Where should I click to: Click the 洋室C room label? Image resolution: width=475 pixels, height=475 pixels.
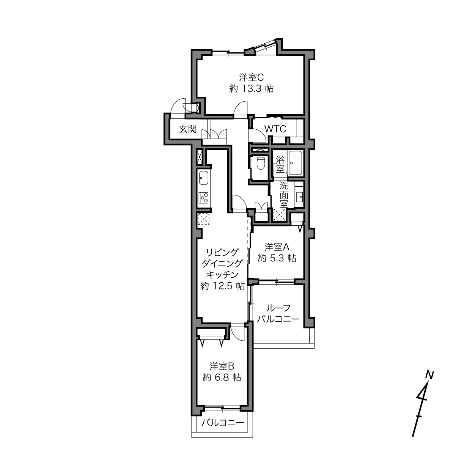pyautogui.click(x=251, y=77)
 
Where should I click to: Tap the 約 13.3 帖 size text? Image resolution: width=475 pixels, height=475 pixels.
pyautogui.click(x=252, y=88)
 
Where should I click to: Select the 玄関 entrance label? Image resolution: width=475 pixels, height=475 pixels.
pyautogui.click(x=188, y=129)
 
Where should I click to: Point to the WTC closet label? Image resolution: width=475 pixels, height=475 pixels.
pyautogui.click(x=275, y=129)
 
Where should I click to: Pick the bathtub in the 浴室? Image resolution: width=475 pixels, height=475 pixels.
pyautogui.click(x=295, y=163)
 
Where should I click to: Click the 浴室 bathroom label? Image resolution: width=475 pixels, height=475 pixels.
pyautogui.click(x=280, y=164)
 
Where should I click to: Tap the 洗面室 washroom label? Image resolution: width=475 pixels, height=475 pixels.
pyautogui.click(x=284, y=195)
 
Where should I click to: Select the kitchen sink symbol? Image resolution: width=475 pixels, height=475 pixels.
pyautogui.click(x=204, y=178)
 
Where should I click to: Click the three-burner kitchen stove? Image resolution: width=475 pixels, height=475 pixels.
pyautogui.click(x=204, y=197)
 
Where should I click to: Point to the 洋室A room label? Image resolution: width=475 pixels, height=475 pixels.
pyautogui.click(x=277, y=247)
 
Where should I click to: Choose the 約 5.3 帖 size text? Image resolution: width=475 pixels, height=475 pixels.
pyautogui.click(x=277, y=258)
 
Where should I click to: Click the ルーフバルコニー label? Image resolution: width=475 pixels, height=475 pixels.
pyautogui.click(x=278, y=313)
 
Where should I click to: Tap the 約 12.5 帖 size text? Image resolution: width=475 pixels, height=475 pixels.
pyautogui.click(x=222, y=286)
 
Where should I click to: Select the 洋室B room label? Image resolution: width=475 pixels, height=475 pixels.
pyautogui.click(x=222, y=366)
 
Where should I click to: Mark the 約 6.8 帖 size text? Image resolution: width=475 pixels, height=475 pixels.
pyautogui.click(x=222, y=377)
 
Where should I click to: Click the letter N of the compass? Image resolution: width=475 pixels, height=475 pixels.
pyautogui.click(x=429, y=375)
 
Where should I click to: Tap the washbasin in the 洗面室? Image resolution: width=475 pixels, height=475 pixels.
pyautogui.click(x=299, y=196)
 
